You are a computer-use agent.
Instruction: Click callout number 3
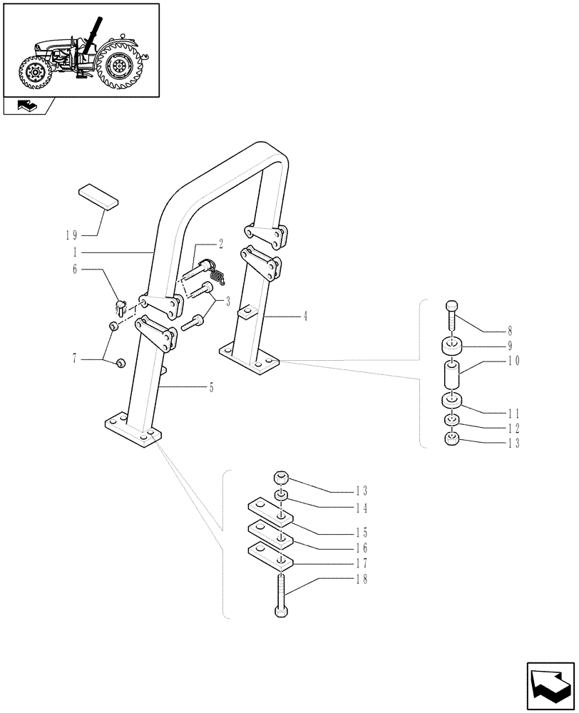click(228, 301)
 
